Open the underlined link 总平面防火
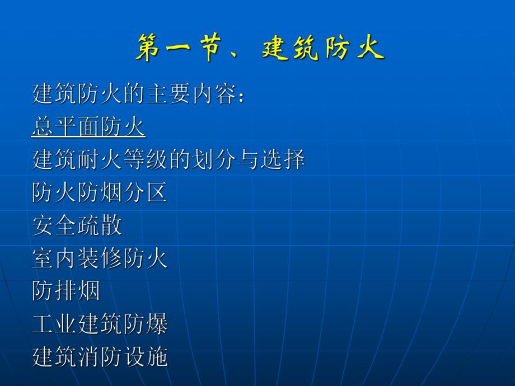point(88,128)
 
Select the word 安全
point(55,226)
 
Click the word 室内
point(55,259)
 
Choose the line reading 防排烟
point(66,291)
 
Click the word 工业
point(55,324)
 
